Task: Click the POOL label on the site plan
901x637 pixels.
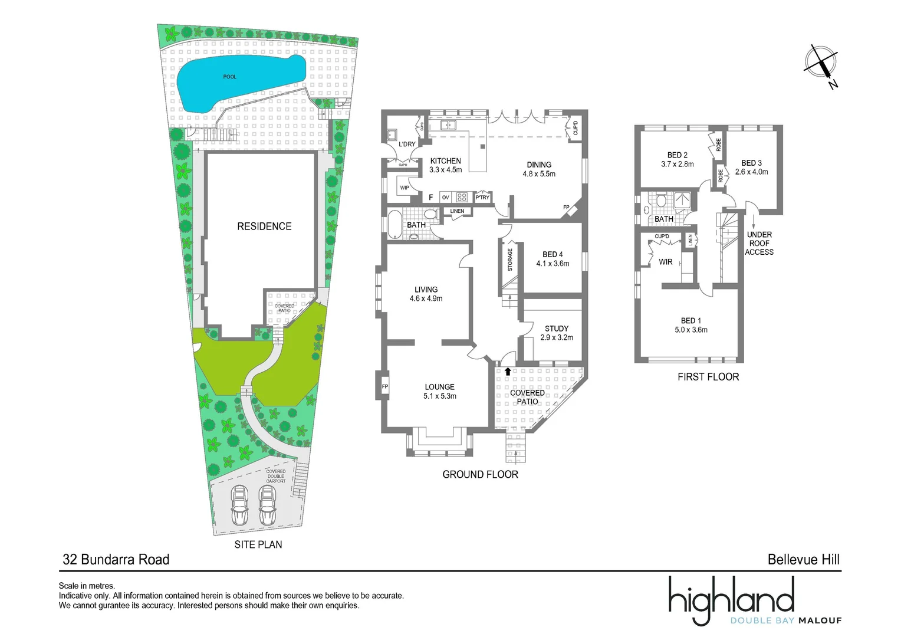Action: click(x=229, y=77)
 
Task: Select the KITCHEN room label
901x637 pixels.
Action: click(x=445, y=161)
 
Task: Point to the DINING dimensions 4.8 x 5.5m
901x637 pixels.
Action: click(x=538, y=174)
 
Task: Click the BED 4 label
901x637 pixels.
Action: click(x=553, y=254)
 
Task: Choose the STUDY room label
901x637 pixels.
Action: click(x=557, y=329)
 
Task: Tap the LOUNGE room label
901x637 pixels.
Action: click(x=439, y=387)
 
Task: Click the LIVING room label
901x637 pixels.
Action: click(x=426, y=290)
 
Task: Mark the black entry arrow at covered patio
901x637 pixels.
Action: click(x=508, y=372)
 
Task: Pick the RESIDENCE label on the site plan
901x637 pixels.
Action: click(x=264, y=226)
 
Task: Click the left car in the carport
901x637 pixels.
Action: click(x=239, y=505)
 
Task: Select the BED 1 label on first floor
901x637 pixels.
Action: click(x=691, y=321)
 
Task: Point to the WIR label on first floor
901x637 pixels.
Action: click(x=666, y=262)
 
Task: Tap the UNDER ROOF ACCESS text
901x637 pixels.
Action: click(x=759, y=243)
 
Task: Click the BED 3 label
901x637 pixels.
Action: click(x=751, y=163)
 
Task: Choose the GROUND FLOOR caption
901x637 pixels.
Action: click(x=480, y=474)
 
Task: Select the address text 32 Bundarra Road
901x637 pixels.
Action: click(x=116, y=559)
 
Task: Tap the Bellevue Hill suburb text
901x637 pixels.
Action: click(x=803, y=559)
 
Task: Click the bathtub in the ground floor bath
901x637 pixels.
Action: click(x=393, y=225)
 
